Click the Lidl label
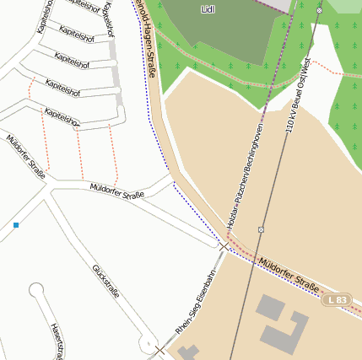pos(208,9)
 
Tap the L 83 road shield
pos(337,300)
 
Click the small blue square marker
pos(16,225)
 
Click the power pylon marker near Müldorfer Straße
pos(262,228)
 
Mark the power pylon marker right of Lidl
pos(319,10)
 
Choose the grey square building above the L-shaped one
pos(269,305)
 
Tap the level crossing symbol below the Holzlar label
pos(224,246)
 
